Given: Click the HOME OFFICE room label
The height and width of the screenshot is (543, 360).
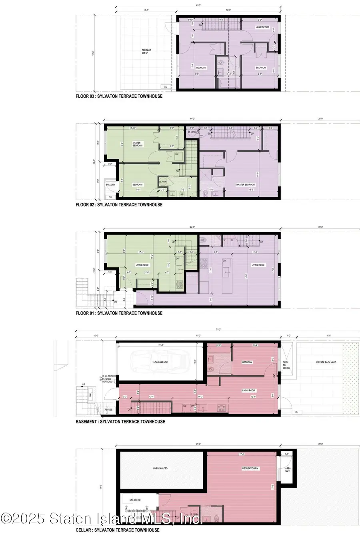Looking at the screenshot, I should (263, 27).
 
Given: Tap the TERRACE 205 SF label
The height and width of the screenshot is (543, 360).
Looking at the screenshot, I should (146, 52).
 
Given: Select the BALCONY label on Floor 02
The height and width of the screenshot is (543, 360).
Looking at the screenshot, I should (110, 184).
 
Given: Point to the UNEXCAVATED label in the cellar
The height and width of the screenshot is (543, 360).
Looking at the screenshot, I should (160, 468).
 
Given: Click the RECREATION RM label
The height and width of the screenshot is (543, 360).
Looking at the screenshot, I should (250, 468).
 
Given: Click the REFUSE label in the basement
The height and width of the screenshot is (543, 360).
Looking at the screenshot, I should (109, 410).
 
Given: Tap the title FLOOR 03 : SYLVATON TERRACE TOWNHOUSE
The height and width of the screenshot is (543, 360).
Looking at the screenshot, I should (119, 96).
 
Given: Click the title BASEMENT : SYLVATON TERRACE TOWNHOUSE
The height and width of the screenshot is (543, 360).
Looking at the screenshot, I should (120, 421).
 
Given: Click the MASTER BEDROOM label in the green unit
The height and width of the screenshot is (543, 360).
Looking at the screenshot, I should (137, 144).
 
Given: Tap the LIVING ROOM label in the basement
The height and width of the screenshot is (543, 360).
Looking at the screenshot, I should (248, 390).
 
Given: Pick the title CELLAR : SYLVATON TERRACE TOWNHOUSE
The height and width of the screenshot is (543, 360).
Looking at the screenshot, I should (117, 530).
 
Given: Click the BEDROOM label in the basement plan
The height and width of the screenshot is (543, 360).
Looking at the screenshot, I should (247, 362).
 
